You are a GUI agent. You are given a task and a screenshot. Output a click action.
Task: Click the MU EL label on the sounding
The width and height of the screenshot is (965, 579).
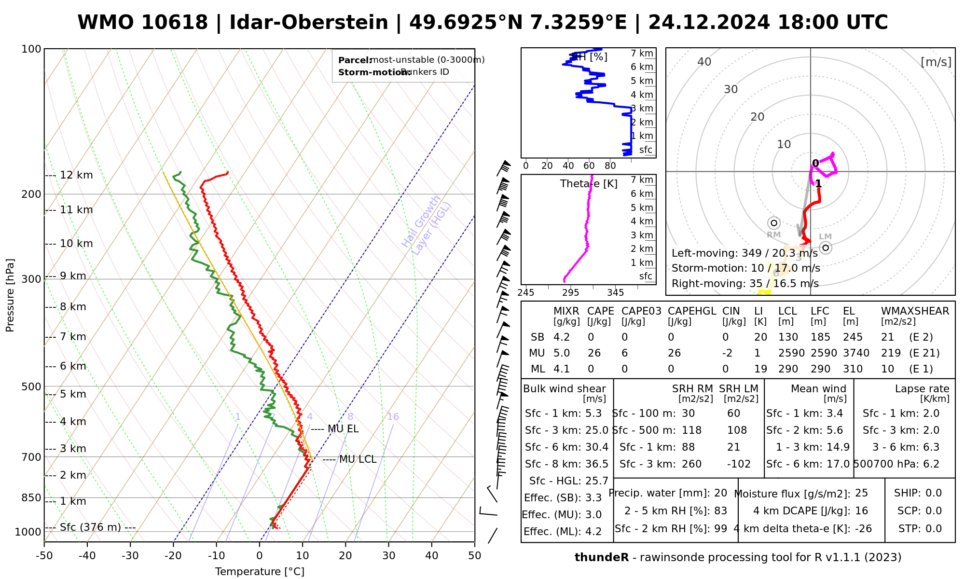pos(343,429)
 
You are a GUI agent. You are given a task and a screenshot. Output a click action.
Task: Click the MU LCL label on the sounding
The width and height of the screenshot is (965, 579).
pos(358,459)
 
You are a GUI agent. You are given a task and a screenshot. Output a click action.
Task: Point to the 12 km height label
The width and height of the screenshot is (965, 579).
pos(76,175)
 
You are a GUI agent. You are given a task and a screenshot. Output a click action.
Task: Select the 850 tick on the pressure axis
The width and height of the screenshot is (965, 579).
pos(32,498)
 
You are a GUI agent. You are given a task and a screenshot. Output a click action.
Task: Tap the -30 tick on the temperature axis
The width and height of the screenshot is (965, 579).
pos(130,556)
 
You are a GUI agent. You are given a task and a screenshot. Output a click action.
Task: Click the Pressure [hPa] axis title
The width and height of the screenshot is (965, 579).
pos(10,295)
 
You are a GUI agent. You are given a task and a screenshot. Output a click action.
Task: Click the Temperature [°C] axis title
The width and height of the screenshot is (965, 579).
pos(260,572)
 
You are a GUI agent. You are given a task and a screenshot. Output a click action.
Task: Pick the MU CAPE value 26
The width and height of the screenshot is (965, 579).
pos(594,353)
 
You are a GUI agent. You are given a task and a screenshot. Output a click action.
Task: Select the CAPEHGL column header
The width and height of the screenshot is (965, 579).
pos(692,311)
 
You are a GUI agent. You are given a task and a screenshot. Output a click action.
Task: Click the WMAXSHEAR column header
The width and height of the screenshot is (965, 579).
pos(915,311)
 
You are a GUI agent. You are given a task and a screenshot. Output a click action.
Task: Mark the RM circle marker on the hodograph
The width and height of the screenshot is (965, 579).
pos(774,223)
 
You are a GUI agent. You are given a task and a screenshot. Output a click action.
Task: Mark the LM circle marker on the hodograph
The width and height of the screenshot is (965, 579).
pos(826,248)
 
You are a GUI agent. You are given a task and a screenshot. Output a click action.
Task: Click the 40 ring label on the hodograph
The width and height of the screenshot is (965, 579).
pos(704,62)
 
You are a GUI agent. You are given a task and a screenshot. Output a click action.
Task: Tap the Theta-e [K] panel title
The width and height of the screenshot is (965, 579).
pos(589,184)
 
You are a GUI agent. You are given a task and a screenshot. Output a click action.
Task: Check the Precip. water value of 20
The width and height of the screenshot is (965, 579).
pos(720,493)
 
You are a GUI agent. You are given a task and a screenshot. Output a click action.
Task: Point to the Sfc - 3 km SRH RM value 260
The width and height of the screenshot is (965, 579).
pos(691,464)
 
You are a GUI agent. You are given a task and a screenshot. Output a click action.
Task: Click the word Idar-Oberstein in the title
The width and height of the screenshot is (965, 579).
pos(309,23)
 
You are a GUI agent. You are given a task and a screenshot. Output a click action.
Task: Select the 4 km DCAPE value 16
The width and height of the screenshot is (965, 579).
pos(861,511)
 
